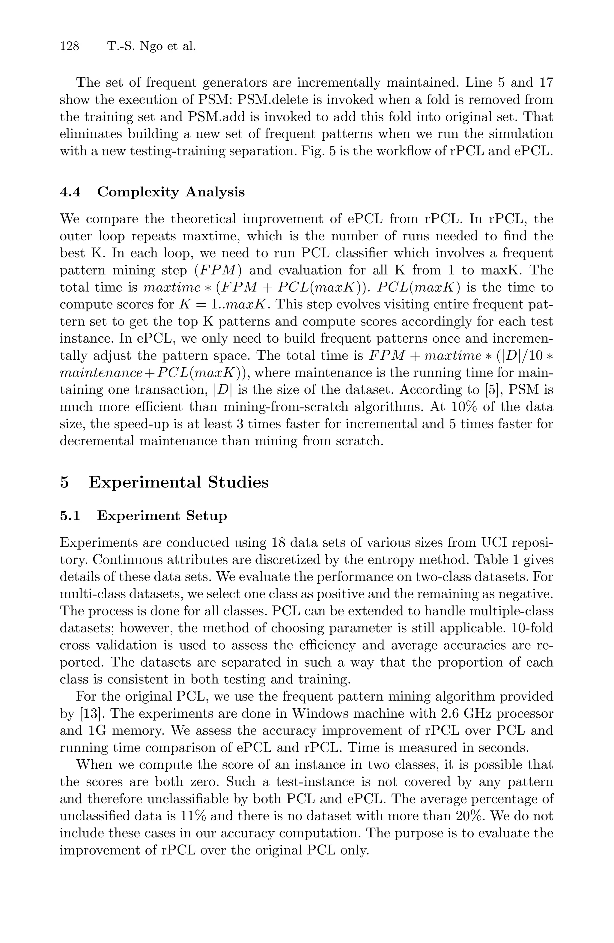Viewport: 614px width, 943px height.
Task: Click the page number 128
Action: point(70,47)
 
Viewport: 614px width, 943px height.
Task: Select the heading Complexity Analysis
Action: point(171,192)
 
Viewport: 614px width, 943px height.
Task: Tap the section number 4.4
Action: point(70,192)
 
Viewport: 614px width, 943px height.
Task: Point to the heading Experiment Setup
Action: point(162,516)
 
